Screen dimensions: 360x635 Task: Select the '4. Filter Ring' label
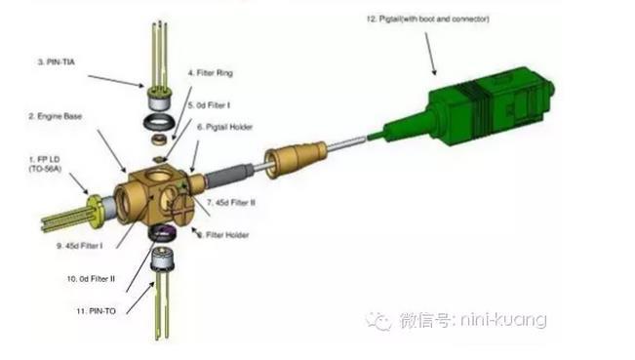pyautogui.click(x=210, y=74)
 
